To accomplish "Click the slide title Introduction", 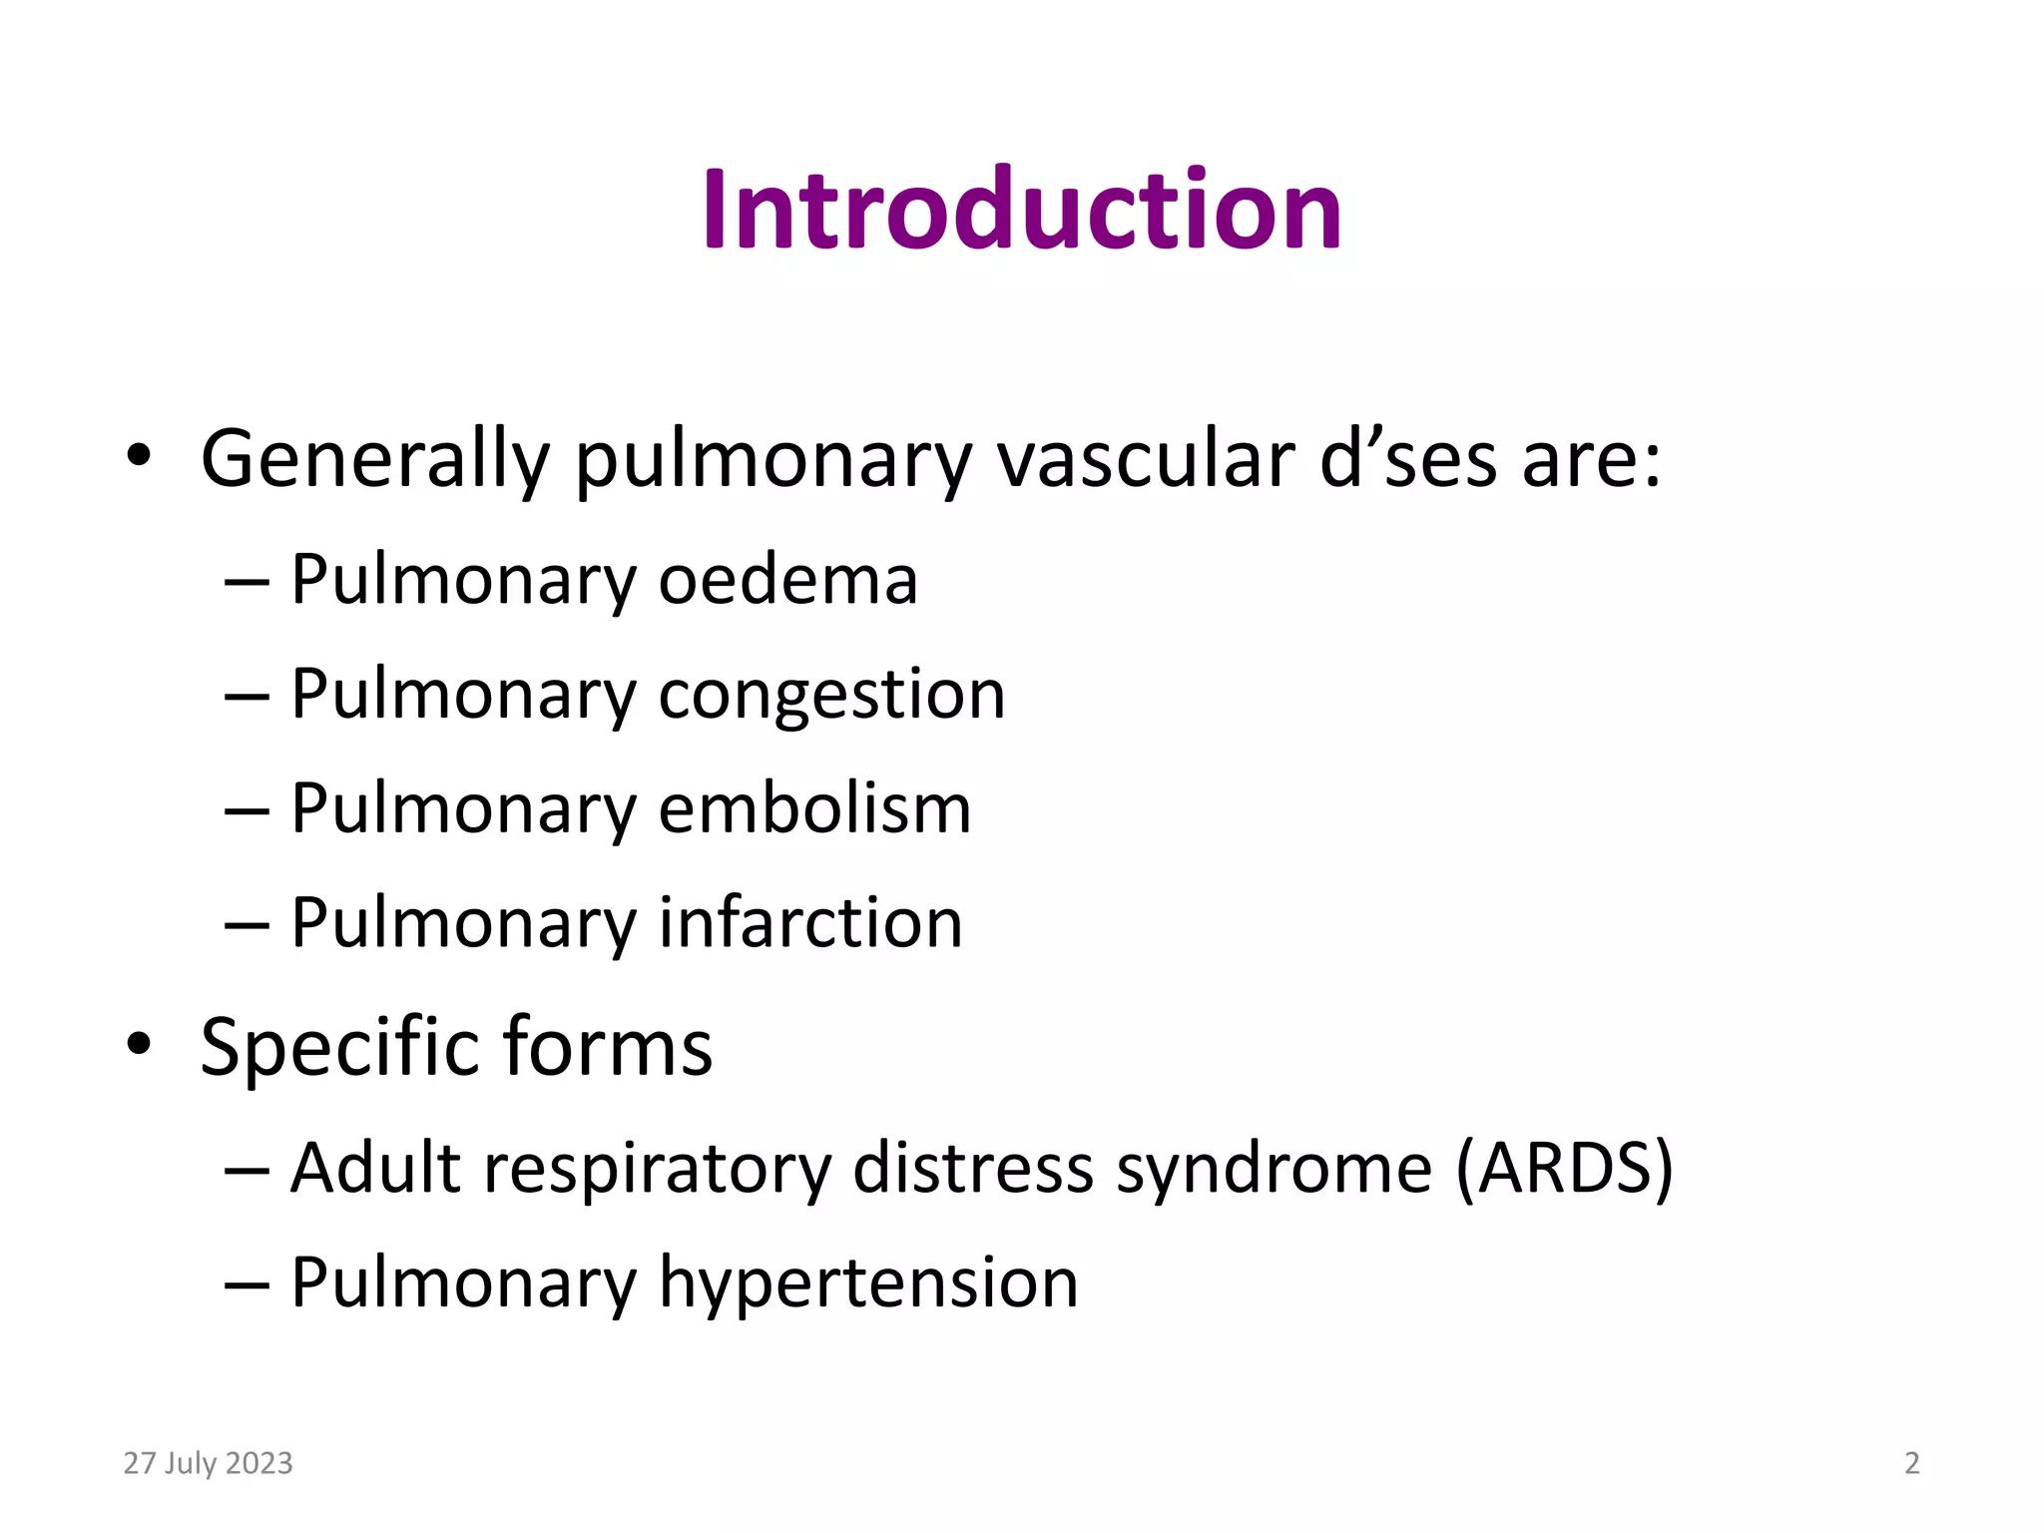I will pos(1022,210).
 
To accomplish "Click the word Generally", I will pos(375,460).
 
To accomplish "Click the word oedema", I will pos(787,580).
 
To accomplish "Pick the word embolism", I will pos(814,808).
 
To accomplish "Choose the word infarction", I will pos(810,923).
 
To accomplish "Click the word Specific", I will pos(340,1048).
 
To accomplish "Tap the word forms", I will pos(608,1048).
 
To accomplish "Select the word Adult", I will pos(376,1169).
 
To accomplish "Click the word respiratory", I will pos(658,1169).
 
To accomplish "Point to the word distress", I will pos(973,1169).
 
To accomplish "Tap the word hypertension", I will pos(868,1283).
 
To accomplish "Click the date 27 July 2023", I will pos(208,1463).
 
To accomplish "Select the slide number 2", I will pos(1911,1463).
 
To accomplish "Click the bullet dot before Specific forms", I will pos(139,1044).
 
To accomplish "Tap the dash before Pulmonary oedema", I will pos(247,582).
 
